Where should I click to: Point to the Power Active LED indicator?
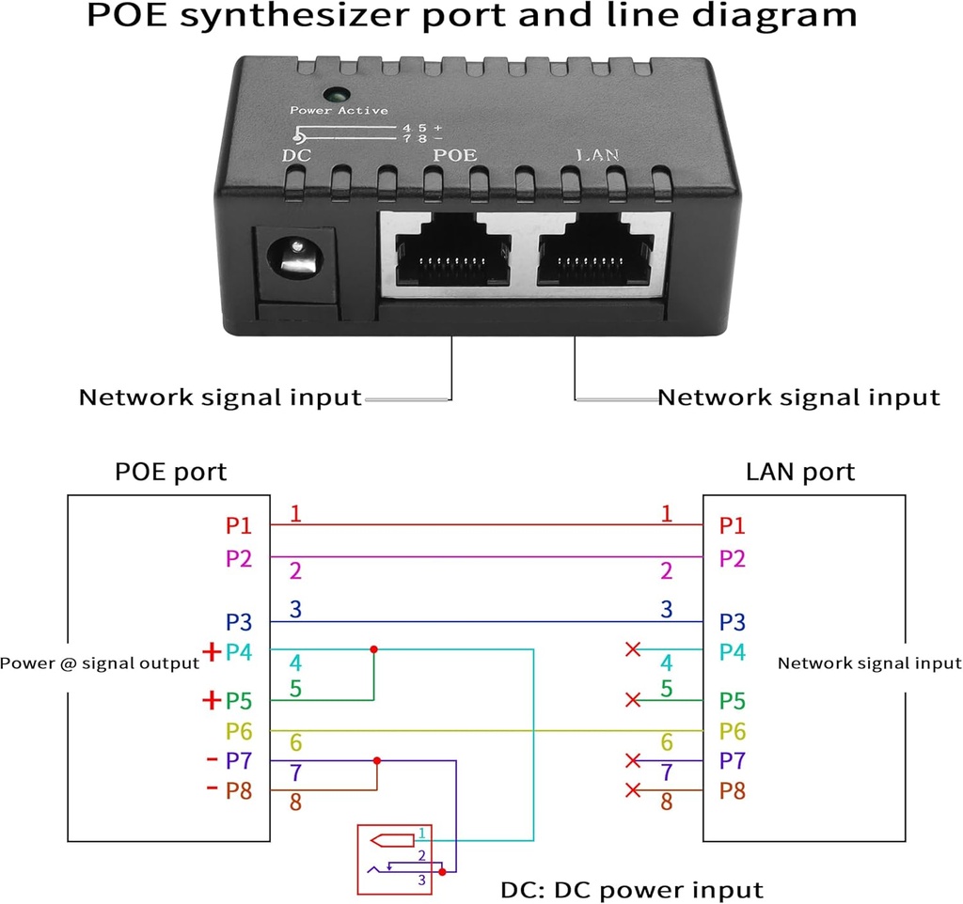click(334, 96)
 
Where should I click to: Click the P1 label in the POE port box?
click(239, 525)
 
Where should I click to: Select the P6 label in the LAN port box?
click(733, 731)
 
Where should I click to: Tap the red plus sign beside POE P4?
click(212, 650)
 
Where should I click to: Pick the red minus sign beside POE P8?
click(212, 787)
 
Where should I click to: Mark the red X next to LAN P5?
click(633, 700)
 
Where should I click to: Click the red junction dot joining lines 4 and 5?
click(374, 649)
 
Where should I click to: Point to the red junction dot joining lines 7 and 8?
click(377, 760)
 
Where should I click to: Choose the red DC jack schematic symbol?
click(393, 859)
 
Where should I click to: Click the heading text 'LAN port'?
click(799, 472)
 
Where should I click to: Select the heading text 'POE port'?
click(170, 472)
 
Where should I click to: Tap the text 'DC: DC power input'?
click(631, 889)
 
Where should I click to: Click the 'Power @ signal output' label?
click(100, 663)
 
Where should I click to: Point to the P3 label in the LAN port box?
click(733, 622)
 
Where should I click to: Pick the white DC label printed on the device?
click(296, 155)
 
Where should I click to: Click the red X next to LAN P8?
click(633, 791)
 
